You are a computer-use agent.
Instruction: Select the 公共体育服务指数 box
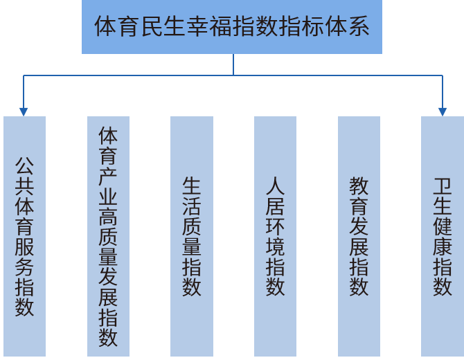coord(24,235)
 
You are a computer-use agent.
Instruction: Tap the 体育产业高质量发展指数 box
coord(108,235)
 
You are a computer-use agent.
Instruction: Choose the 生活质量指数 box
coord(192,235)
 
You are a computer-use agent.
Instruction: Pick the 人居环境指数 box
coord(275,235)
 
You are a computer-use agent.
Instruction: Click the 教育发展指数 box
coord(359,235)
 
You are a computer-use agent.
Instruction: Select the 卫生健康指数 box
coord(443,235)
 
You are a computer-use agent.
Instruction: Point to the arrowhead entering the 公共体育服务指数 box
coord(24,111)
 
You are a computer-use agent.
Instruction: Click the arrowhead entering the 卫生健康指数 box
coord(442,111)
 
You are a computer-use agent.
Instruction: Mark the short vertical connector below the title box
coord(233,64)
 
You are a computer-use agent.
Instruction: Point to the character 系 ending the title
coord(359,27)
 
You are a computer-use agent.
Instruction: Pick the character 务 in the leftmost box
coord(25,266)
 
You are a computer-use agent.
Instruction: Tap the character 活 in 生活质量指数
coord(192,206)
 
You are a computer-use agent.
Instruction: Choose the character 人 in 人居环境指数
coord(276,187)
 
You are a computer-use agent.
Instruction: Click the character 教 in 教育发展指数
coord(359,187)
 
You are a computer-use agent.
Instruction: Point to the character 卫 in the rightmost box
coord(443,187)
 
